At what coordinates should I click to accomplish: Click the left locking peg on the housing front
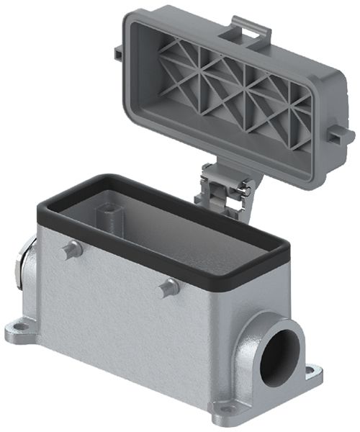pos(70,250)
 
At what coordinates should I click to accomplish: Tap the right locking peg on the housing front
pos(168,287)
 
